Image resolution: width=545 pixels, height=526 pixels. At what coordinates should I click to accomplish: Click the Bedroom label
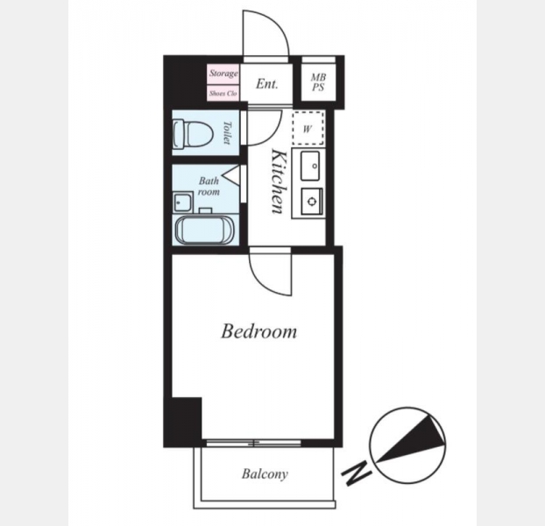[x=259, y=331]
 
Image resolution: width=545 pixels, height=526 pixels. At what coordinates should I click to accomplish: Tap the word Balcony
[x=265, y=474]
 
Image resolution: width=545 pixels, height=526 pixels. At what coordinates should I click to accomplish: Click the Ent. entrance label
[x=267, y=84]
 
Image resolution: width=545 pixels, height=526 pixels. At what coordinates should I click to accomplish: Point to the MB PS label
[x=318, y=82]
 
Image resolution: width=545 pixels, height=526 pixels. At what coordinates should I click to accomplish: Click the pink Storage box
[x=223, y=74]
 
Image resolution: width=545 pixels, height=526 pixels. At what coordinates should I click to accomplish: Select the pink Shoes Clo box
[x=223, y=93]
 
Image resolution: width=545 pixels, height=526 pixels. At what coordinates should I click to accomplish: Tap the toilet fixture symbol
[x=193, y=133]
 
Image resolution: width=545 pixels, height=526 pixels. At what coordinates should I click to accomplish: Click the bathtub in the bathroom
[x=205, y=231]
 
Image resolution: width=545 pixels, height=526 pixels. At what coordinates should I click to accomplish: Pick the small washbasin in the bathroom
[x=182, y=202]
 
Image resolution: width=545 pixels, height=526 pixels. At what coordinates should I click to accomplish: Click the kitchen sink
[x=310, y=167]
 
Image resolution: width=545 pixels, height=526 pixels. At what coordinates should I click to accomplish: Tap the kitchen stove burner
[x=312, y=202]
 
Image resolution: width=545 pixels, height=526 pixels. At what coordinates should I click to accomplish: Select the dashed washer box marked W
[x=308, y=128]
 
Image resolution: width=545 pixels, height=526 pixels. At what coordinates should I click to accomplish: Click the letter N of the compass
[x=357, y=473]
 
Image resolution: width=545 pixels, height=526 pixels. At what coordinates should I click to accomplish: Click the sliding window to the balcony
[x=254, y=443]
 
